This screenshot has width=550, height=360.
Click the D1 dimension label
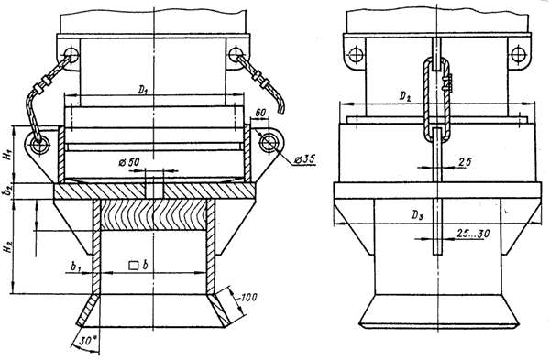[x=142, y=90]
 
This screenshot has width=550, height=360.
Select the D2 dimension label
[x=405, y=97]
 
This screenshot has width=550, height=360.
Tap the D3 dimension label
[x=417, y=216]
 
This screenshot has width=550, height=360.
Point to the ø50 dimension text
[x=129, y=162]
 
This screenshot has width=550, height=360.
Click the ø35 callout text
[x=303, y=159]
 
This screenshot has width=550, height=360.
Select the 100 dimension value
[x=248, y=298]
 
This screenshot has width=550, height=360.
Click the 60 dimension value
[x=259, y=113]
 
